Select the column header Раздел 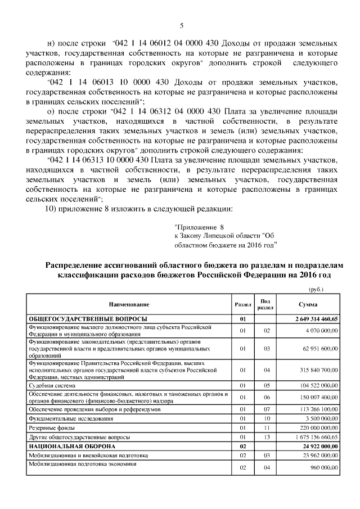point(243,304)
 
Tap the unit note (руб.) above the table point(317,289)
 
